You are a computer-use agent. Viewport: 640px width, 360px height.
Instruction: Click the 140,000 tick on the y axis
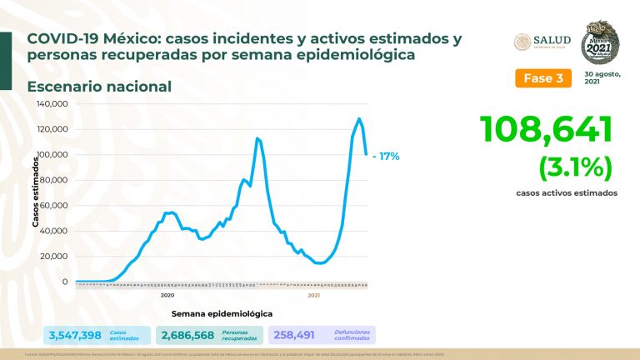coord(53,104)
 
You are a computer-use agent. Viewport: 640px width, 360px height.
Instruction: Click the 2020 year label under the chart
coord(167,296)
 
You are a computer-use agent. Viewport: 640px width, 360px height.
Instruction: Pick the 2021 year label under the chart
coord(314,296)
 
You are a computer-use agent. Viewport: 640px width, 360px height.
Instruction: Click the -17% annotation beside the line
coord(386,155)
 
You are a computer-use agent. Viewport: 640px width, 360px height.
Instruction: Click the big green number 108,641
coord(546,130)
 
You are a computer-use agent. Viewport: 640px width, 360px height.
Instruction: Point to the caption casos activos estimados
coord(566,192)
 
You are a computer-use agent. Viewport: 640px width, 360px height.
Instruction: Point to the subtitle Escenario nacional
coord(98,86)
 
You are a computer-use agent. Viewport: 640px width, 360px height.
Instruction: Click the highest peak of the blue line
coord(358,118)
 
